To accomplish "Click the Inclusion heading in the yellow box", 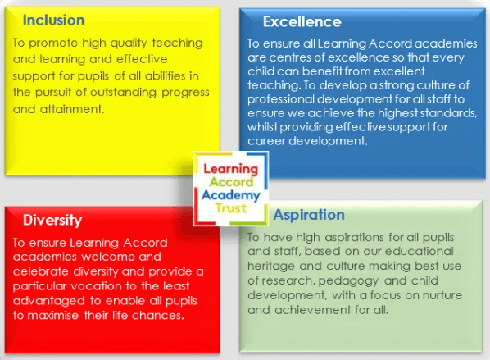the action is tap(54, 20).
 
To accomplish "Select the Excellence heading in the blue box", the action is tap(302, 21).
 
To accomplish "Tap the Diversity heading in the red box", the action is tap(52, 221).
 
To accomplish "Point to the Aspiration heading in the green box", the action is tap(309, 215).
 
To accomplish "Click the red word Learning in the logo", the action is tap(231, 169).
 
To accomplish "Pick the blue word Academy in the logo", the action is tap(231, 195).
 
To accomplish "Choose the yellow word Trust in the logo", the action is tap(231, 208).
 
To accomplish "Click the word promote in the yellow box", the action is tap(53, 43).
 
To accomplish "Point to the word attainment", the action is tap(72, 109).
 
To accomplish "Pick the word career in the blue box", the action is tap(266, 141).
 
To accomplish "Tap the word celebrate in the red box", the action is tap(41, 271).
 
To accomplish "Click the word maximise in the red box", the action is tap(53, 315).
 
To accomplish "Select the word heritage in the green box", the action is tap(271, 267).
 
